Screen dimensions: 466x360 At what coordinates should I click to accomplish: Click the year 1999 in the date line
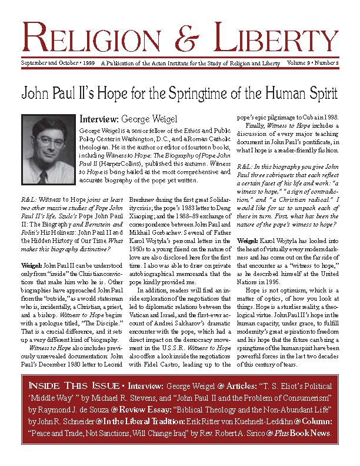pyautogui.click(x=86, y=62)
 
